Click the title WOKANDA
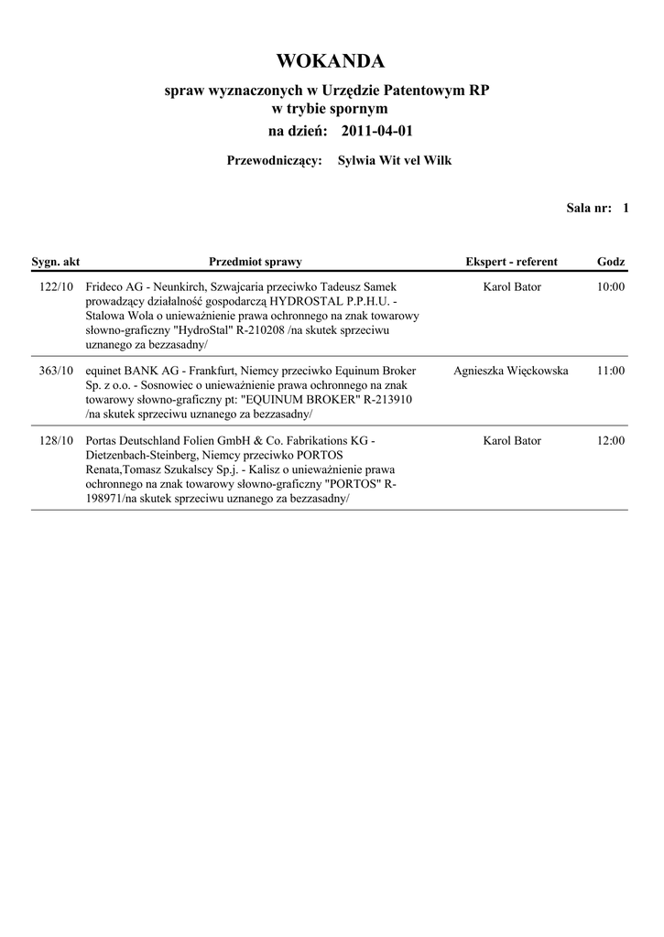tap(331, 61)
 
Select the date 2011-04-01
tap(376, 131)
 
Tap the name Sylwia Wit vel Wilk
tap(395, 161)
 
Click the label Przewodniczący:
tap(274, 161)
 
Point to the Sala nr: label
tap(588, 209)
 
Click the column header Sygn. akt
tap(56, 262)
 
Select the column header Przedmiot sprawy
tap(255, 262)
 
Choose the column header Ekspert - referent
tap(511, 262)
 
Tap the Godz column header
tap(611, 262)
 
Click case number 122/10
tap(57, 287)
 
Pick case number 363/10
tap(57, 372)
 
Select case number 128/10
tap(57, 441)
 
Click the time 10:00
tap(610, 287)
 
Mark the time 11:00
tap(610, 372)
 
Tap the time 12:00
tap(610, 441)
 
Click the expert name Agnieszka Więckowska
tap(511, 372)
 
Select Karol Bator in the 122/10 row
tap(512, 287)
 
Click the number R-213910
tap(387, 401)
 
